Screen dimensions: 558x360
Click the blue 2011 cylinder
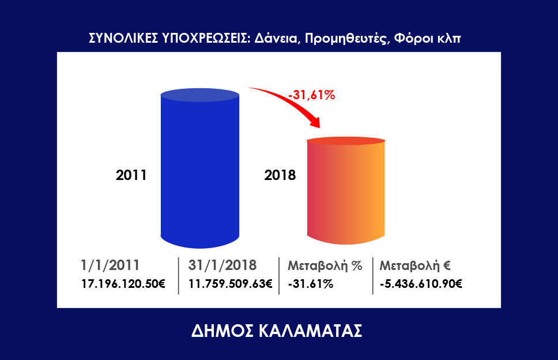199,168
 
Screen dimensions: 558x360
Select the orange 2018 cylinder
346,190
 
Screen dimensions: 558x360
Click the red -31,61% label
312,95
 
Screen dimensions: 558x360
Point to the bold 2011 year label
131,175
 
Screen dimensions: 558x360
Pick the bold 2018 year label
280,175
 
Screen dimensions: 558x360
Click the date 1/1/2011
110,265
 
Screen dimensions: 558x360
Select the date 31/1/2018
223,265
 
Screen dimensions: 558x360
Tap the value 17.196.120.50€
123,284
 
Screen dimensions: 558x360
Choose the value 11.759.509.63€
230,284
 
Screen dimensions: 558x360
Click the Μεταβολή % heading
325,265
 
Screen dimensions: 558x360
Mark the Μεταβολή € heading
415,265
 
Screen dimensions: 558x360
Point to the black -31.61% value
311,284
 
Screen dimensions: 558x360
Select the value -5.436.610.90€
421,284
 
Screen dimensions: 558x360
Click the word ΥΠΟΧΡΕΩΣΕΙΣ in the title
206,37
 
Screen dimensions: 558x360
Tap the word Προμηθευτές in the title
346,39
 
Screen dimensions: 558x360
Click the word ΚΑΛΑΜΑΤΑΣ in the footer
310,331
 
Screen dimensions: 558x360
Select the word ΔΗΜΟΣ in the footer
223,331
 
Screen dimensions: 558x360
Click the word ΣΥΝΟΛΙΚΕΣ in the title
123,37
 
